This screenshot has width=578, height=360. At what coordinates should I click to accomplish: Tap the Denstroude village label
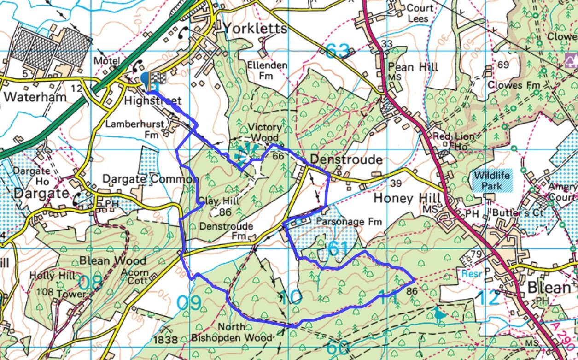tap(346, 159)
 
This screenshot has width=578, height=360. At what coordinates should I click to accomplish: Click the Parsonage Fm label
tap(349, 222)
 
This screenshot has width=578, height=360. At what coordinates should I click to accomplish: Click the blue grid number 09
tap(189, 303)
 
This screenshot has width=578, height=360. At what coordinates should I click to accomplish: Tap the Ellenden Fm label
tap(267, 70)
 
